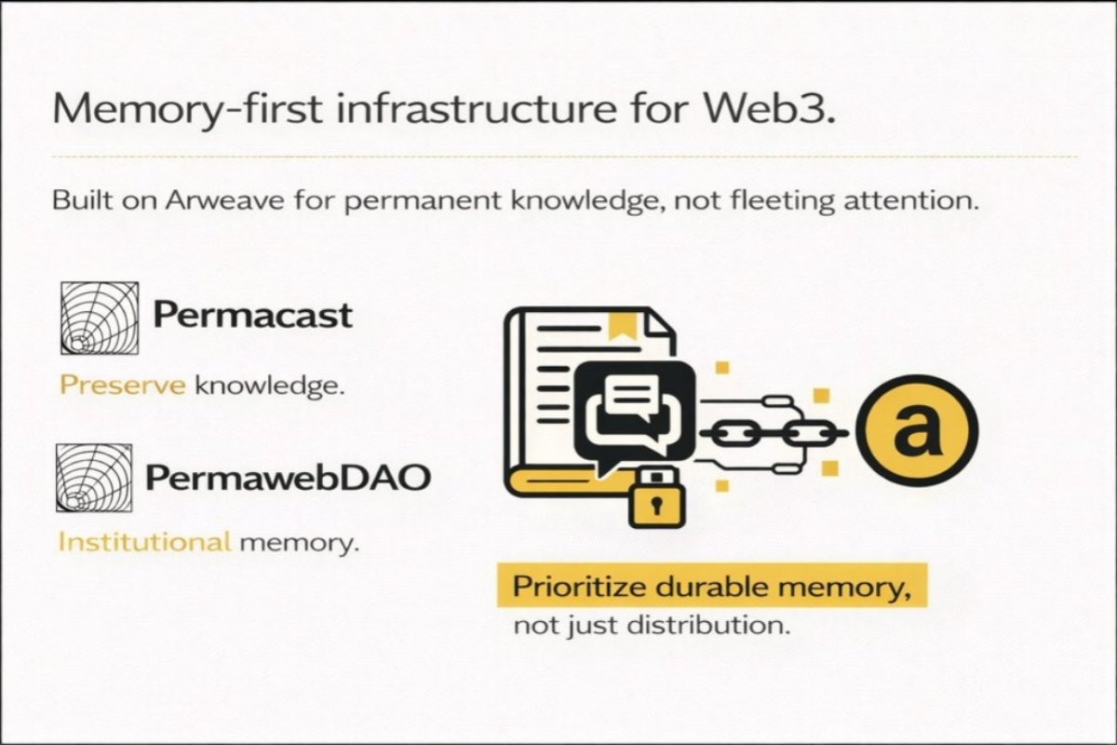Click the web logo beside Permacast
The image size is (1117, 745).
99,318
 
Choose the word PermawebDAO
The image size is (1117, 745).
288,478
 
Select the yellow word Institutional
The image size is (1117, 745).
144,541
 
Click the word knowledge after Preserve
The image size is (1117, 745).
267,386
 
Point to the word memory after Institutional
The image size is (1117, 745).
298,541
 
